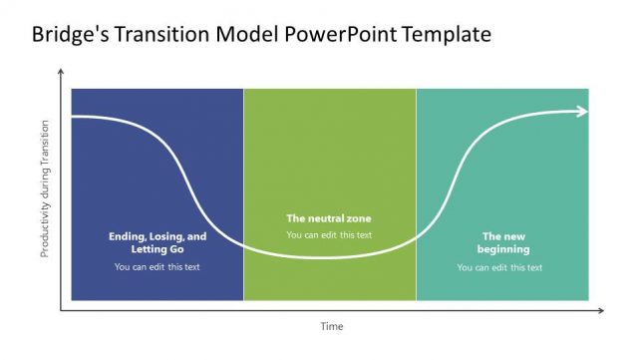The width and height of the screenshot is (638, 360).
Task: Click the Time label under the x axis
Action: tap(331, 327)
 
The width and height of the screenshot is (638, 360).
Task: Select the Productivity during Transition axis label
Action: tap(44, 189)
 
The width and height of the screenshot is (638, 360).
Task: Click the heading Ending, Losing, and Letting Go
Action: tap(158, 242)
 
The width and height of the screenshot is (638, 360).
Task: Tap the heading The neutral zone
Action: tap(328, 218)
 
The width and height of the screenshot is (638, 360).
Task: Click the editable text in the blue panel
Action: tap(158, 266)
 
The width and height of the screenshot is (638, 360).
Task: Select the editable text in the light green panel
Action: tap(329, 235)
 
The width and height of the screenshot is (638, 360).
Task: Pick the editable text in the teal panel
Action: tap(500, 267)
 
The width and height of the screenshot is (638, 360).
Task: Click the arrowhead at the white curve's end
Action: tap(583, 111)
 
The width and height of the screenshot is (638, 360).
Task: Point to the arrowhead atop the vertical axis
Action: tap(61, 73)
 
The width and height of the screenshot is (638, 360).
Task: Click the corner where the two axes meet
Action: tap(61, 311)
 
